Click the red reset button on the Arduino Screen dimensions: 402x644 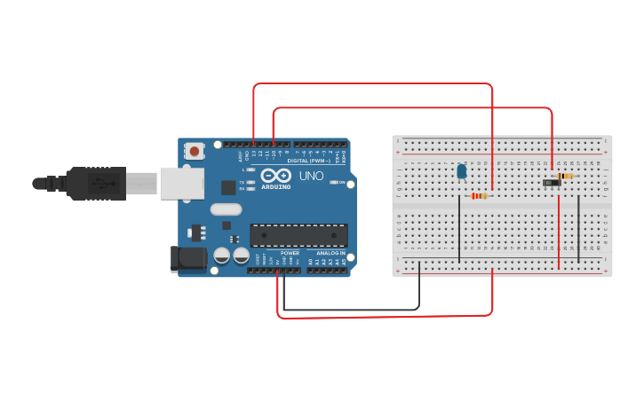(x=195, y=151)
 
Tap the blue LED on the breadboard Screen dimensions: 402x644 (x=461, y=171)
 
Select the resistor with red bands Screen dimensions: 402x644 (x=480, y=196)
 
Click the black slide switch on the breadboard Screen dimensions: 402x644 (x=552, y=183)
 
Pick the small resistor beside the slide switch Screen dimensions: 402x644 (x=566, y=176)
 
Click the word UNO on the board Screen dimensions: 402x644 (x=311, y=176)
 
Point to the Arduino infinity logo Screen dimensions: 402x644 (x=275, y=176)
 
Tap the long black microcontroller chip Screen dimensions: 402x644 (x=298, y=235)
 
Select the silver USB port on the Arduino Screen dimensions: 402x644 (x=181, y=183)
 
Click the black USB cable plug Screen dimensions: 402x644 (x=97, y=184)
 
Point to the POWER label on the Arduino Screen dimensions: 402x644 (x=290, y=253)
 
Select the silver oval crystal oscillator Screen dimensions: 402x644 (x=226, y=210)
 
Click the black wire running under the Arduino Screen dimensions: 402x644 (x=355, y=310)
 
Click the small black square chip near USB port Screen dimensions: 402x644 (x=228, y=187)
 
